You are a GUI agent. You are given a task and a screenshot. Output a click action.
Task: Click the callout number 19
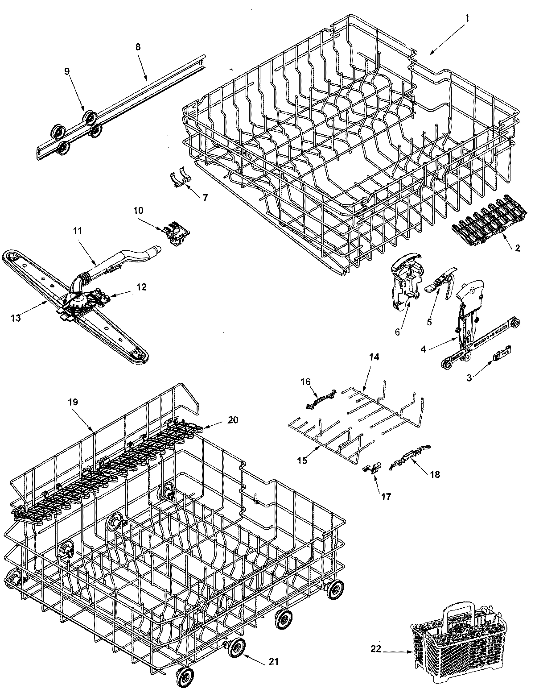pos(73,402)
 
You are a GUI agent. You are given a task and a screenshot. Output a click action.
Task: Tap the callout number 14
pos(373,369)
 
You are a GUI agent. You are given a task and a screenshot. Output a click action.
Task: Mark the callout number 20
pos(233,419)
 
